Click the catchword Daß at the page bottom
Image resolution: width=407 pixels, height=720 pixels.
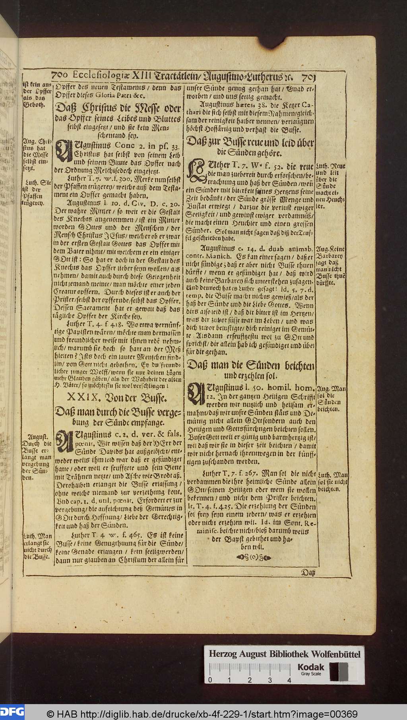coord(308,573)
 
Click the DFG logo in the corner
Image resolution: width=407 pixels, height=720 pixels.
coord(12,711)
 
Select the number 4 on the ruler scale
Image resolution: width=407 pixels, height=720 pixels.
coord(289,680)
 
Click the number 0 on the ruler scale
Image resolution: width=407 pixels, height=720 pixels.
coord(209,680)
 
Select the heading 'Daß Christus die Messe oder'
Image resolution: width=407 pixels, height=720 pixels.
coord(118,108)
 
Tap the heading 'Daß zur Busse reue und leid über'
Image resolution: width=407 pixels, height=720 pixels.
coord(251,143)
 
